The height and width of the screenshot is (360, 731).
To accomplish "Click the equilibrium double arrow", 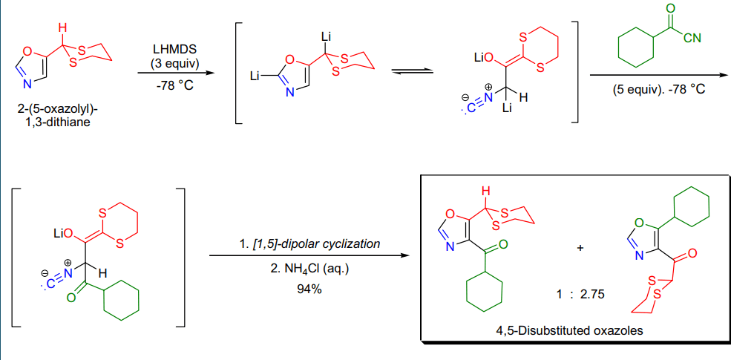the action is click(x=412, y=71).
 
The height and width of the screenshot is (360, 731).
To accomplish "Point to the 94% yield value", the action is click(x=309, y=289).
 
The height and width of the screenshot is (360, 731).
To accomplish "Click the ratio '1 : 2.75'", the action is click(x=580, y=295).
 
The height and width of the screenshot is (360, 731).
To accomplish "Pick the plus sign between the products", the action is click(x=580, y=248).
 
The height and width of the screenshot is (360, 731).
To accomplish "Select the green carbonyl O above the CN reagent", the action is click(x=670, y=9).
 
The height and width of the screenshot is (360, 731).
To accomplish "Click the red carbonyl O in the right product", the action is click(x=692, y=254).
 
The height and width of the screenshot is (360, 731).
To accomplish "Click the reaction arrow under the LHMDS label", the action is click(x=172, y=73).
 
